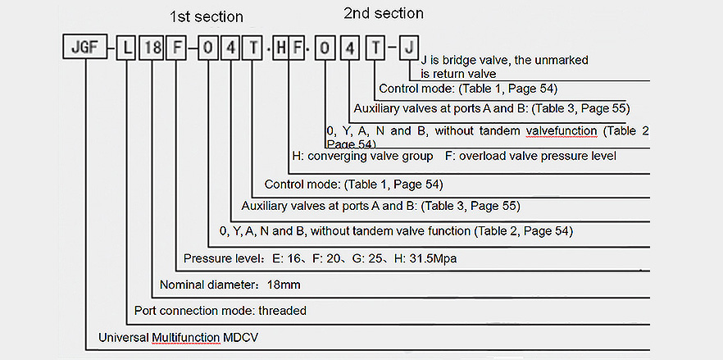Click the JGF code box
tap(85, 47)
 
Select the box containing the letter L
tap(126, 47)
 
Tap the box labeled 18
tap(152, 47)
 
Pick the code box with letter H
tap(280, 47)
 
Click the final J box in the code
tap(409, 47)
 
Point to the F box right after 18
tap(175, 47)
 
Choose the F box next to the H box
tap(297, 47)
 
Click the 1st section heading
tap(206, 17)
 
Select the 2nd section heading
tap(384, 14)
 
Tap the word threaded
tap(282, 311)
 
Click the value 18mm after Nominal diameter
tap(284, 285)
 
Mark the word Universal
tap(123, 337)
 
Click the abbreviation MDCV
tap(241, 337)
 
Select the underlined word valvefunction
tap(562, 130)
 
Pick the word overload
tap(481, 156)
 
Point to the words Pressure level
tap(219, 259)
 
